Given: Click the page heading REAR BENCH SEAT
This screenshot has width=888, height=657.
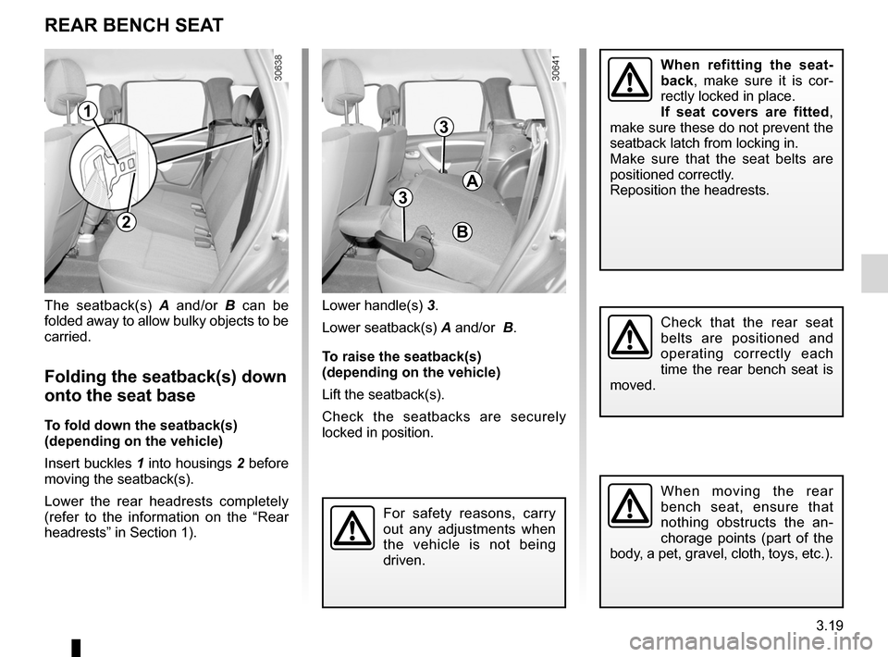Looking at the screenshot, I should pyautogui.click(x=134, y=25).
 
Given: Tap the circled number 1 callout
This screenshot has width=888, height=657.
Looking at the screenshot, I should pyautogui.click(x=88, y=113).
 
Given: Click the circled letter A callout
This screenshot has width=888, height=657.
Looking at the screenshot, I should pyautogui.click(x=473, y=180).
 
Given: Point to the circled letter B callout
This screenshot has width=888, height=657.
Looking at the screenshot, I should pyautogui.click(x=462, y=230).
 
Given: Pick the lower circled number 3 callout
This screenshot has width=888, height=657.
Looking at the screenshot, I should pyautogui.click(x=401, y=197).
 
